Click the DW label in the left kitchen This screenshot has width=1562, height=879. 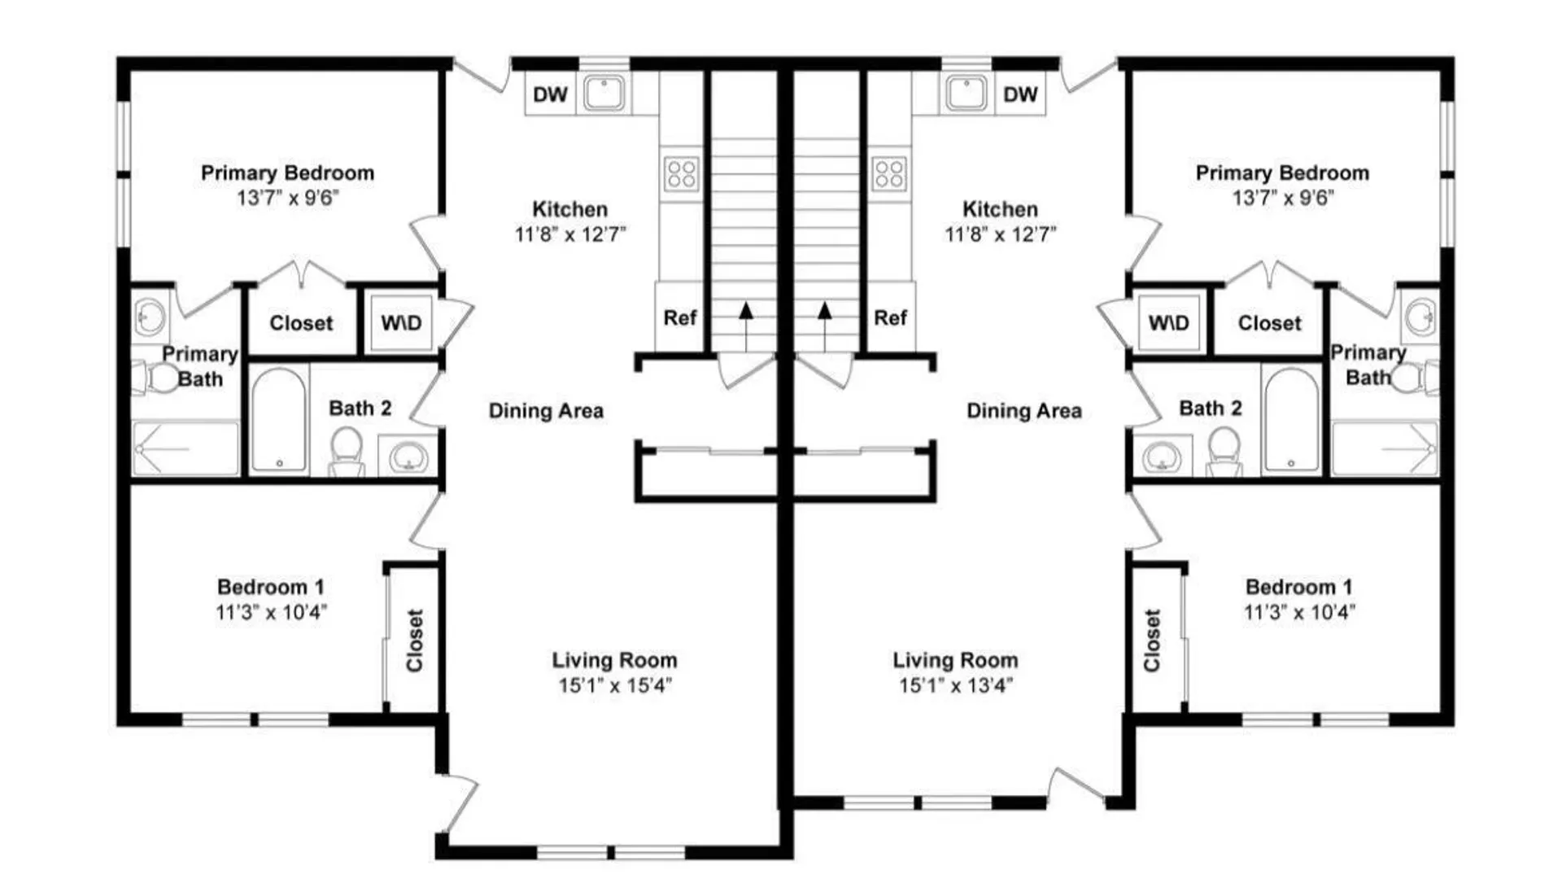click(x=550, y=94)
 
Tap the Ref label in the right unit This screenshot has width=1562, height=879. click(x=890, y=317)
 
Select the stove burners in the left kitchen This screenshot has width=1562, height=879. click(x=681, y=173)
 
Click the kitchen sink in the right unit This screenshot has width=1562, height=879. click(x=965, y=93)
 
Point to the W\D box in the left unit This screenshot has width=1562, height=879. click(x=401, y=323)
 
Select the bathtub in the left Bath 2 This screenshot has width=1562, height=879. click(x=278, y=420)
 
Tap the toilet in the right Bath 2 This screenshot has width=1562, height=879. click(x=1224, y=452)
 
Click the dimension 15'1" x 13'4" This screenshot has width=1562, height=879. click(x=955, y=685)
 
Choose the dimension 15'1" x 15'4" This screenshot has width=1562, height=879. click(x=614, y=685)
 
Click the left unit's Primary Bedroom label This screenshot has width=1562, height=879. click(x=287, y=173)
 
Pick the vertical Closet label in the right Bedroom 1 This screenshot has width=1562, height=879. click(x=1151, y=641)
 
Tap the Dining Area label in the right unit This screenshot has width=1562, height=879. click(x=1023, y=411)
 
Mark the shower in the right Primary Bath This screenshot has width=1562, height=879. click(x=1385, y=448)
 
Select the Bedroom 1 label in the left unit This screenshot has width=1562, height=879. click(x=270, y=587)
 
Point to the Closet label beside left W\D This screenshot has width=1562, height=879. click(x=301, y=323)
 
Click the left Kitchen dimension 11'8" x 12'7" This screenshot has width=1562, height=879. click(x=569, y=234)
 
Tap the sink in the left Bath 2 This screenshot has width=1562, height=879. click(x=407, y=458)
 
